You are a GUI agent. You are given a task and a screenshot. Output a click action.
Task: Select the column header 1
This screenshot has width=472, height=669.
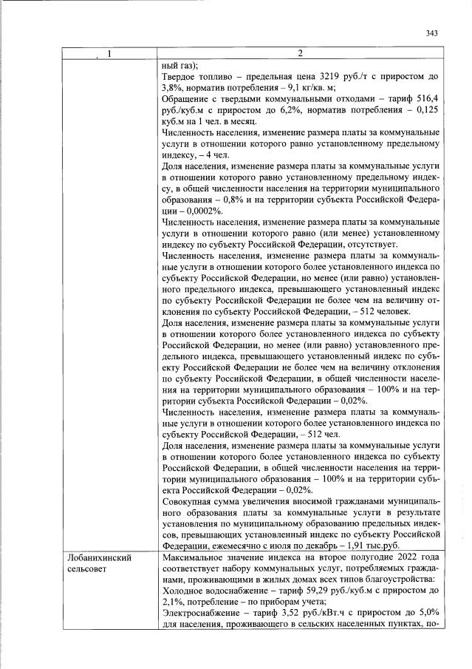pyautogui.click(x=109, y=53)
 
